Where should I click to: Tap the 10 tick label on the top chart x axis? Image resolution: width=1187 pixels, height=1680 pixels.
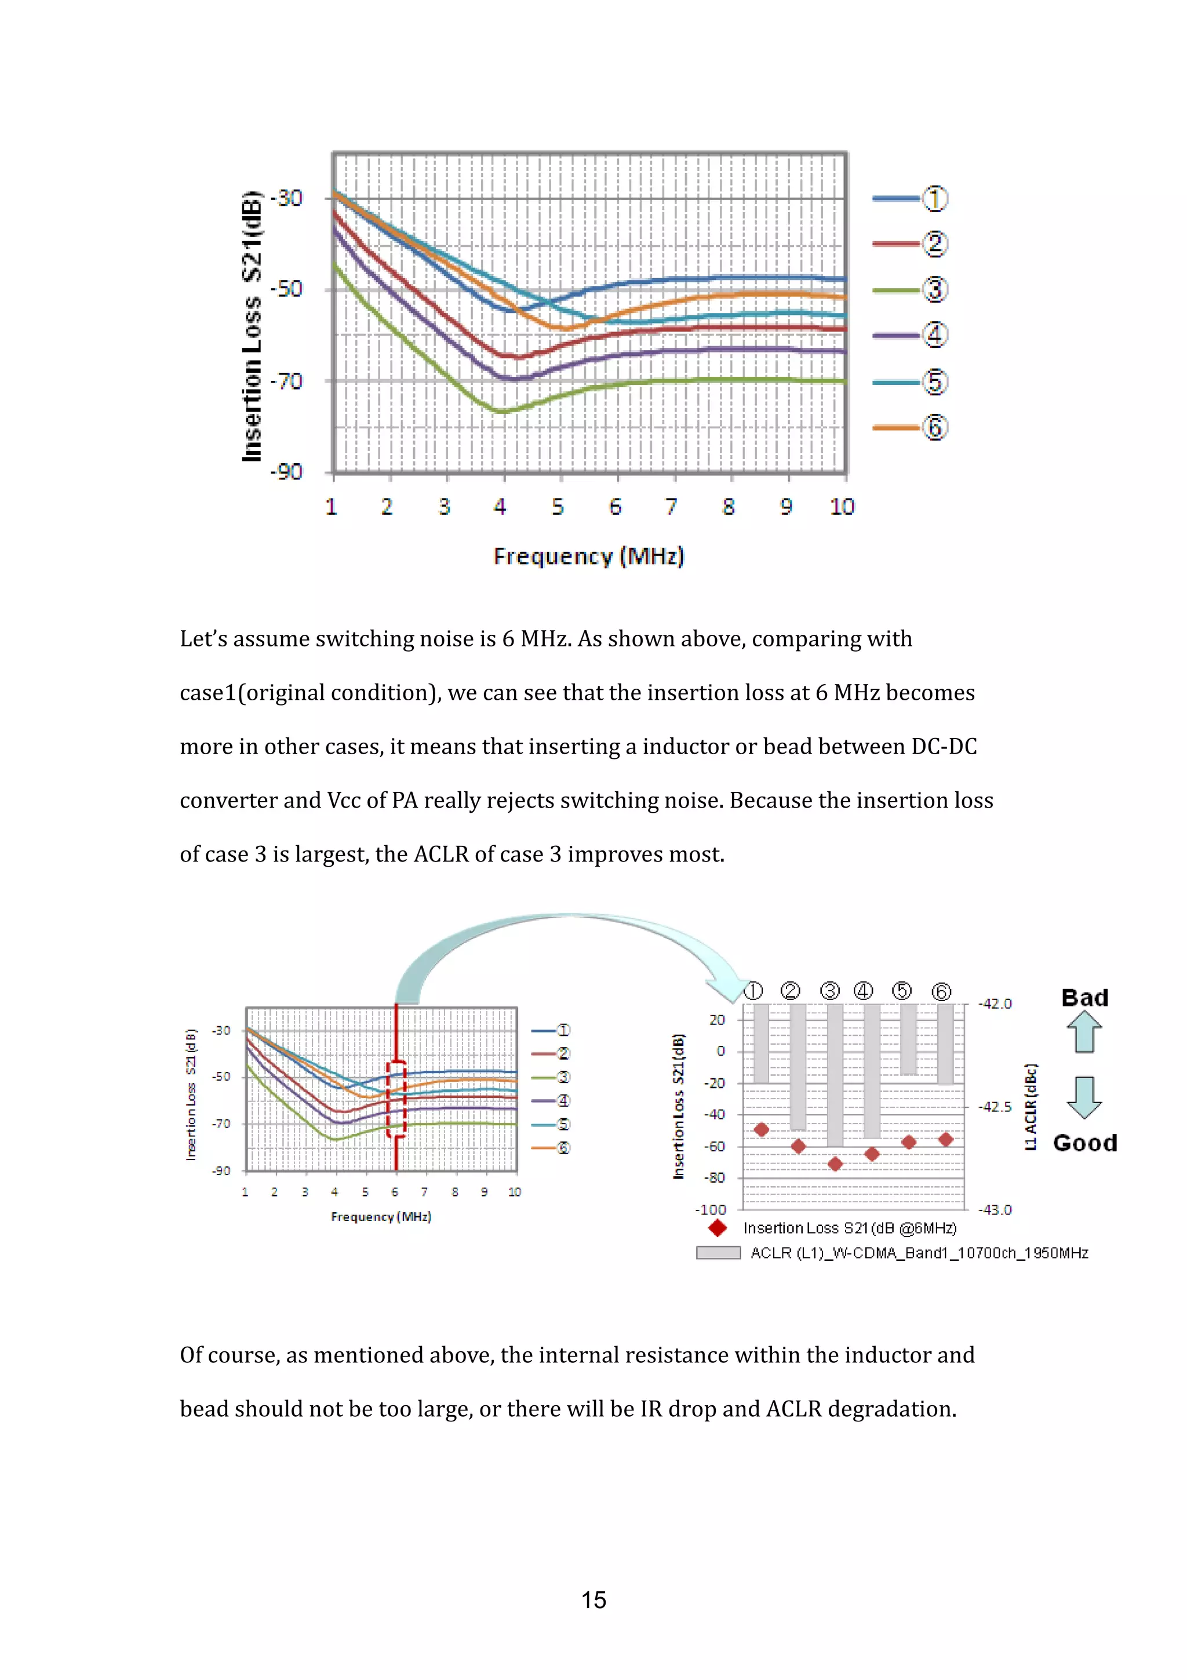coord(841,506)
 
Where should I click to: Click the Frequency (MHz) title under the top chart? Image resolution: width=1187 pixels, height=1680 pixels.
coord(589,556)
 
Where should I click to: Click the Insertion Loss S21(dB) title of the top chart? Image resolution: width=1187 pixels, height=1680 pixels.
coord(252,326)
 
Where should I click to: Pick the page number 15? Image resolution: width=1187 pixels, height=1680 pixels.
coord(593,1599)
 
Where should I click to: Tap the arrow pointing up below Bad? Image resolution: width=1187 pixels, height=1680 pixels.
coord(1084,1032)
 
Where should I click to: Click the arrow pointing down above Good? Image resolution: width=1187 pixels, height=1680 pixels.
coord(1084,1097)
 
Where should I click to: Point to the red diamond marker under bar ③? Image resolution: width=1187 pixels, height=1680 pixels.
coord(835,1163)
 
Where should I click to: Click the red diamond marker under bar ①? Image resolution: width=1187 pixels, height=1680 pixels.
coord(762,1130)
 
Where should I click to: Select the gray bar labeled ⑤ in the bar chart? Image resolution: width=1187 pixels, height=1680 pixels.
coord(908,1039)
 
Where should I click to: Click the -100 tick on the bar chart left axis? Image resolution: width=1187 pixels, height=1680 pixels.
coord(711,1209)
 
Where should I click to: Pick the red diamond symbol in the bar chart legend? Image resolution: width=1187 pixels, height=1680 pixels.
coord(718,1228)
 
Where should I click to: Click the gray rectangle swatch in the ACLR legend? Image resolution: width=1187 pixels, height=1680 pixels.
coord(718,1253)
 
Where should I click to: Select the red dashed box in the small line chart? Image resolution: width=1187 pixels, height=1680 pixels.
coord(396,1099)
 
